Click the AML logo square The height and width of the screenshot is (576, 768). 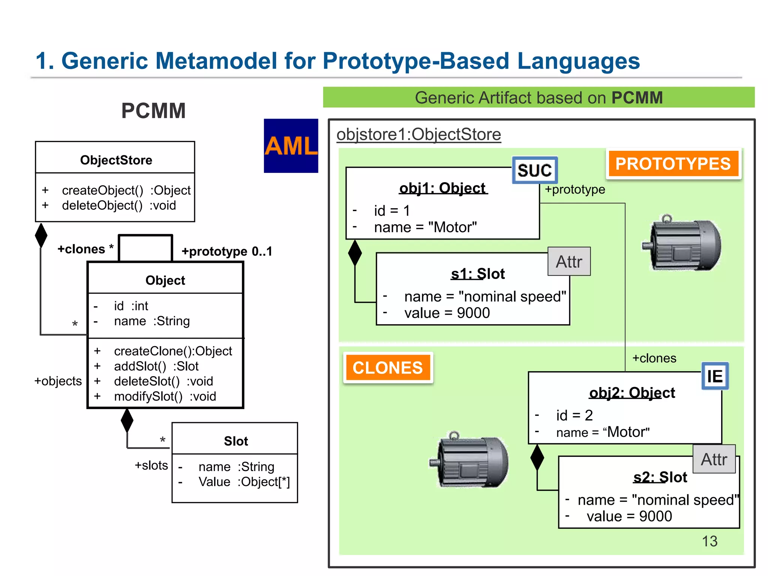point(291,145)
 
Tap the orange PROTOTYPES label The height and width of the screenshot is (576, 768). point(673,164)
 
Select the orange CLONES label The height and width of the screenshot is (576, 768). point(388,368)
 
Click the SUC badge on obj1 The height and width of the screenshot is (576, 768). point(535,170)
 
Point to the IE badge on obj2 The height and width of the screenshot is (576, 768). point(715,376)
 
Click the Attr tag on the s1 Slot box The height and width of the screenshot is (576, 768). point(569,262)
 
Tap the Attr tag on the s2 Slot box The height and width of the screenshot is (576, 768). point(714,459)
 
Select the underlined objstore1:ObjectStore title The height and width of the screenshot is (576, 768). point(418,134)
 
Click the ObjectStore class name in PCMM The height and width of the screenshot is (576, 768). point(116,160)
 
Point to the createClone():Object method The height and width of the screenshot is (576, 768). point(173,351)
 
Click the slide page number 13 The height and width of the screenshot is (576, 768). point(709,541)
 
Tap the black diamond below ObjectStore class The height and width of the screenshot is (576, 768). point(41,235)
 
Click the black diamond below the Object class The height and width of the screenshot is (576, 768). point(127,421)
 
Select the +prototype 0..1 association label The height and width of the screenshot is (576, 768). point(226,251)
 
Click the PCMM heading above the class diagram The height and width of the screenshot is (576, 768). point(153,111)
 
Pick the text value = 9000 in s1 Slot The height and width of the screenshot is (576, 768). point(447,313)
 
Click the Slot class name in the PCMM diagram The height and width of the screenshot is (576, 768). point(236,441)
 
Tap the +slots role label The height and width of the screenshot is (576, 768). point(151,465)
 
